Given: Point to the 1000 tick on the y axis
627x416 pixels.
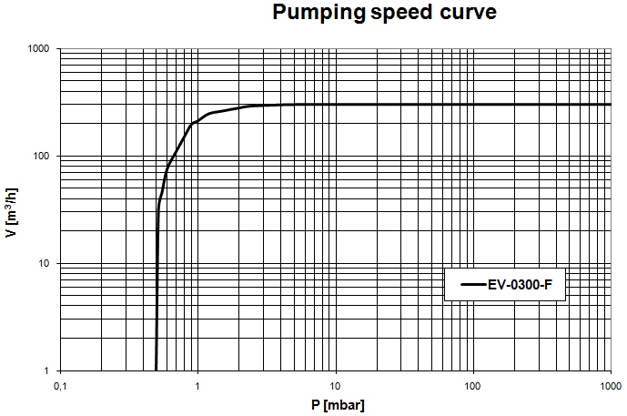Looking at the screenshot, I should [35, 49].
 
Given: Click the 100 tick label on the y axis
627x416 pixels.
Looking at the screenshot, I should [39, 157].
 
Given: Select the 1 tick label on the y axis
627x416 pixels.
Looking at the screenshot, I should [46, 371].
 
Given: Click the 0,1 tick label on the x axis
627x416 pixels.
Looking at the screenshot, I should [61, 386].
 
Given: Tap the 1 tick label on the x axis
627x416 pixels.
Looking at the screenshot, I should [197, 386].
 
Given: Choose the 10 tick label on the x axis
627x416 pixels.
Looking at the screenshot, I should [336, 386].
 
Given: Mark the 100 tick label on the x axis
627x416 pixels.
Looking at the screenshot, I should [473, 386].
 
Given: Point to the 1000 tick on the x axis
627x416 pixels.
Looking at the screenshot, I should [610, 386].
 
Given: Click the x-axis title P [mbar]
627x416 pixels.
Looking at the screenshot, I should [335, 404].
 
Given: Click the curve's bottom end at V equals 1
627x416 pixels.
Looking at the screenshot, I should [157, 370].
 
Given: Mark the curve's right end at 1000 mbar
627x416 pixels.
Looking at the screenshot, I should [610, 105].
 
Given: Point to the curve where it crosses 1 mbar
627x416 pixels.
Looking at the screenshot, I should [198, 119].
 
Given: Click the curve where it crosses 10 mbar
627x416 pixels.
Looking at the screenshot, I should [336, 105].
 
